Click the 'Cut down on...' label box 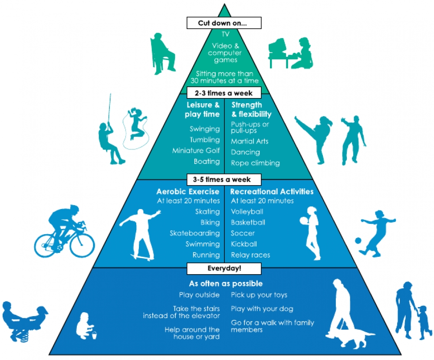pyautogui.click(x=224, y=23)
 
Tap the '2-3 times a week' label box pyautogui.click(x=224, y=93)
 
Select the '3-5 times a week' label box pyautogui.click(x=224, y=179)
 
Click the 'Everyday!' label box pyautogui.click(x=224, y=268)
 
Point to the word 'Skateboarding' pyautogui.click(x=195, y=233)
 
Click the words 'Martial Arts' pyautogui.click(x=250, y=141)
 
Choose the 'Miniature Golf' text pyautogui.click(x=196, y=151)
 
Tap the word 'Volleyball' pyautogui.click(x=247, y=212)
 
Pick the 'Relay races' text pyautogui.click(x=250, y=255)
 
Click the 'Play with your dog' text pyautogui.click(x=262, y=309)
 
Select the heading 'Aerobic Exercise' pyautogui.click(x=188, y=191)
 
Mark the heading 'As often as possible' pyautogui.click(x=226, y=284)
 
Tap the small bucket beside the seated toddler pyautogui.click(x=94, y=334)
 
